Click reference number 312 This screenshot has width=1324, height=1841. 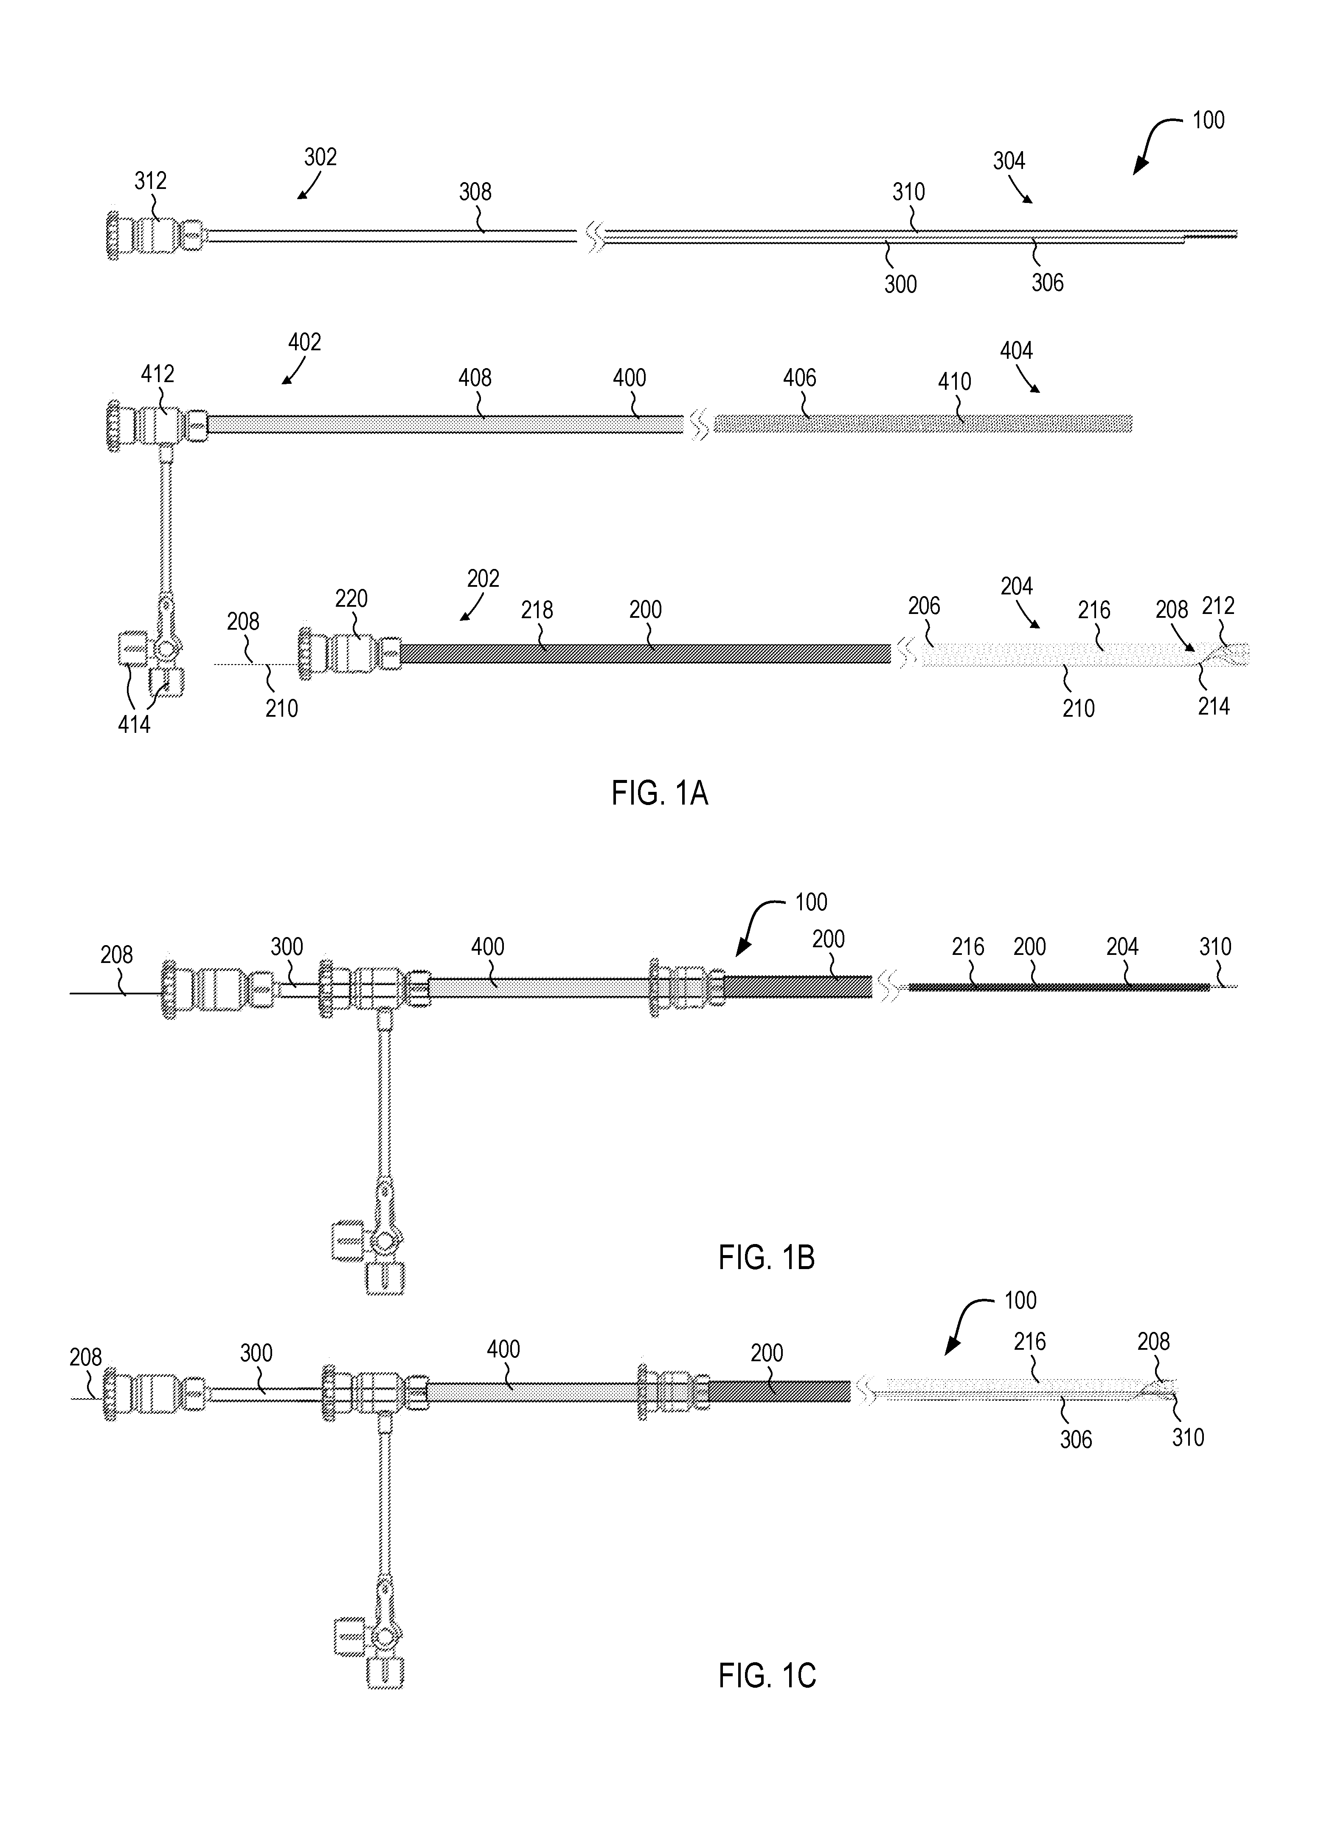coord(150,180)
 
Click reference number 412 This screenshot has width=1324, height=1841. coord(157,374)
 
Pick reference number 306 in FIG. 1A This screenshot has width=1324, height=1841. coord(1047,282)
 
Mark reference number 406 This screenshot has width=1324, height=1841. coord(800,377)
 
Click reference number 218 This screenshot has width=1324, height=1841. coord(537,610)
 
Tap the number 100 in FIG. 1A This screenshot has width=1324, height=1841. coord(1208,120)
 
